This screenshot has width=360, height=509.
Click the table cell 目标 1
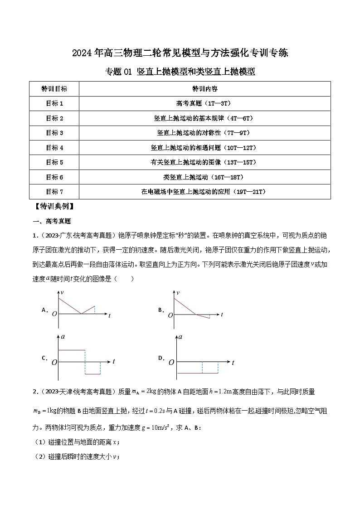54,103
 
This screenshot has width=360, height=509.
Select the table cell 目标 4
54,147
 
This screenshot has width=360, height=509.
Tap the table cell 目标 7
54,192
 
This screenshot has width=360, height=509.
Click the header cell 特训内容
204,88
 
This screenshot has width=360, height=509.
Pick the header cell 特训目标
54,88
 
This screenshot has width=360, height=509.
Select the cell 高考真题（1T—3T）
204,103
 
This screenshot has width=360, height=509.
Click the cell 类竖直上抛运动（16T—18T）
204,177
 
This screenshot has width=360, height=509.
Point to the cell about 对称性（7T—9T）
204,133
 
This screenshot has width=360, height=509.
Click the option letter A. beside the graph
45,310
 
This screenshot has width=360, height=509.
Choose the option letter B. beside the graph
161,310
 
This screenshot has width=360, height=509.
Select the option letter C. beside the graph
45,358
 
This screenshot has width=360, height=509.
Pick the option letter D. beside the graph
161,358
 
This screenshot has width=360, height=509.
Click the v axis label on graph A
63,295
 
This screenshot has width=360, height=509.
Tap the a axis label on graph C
63,337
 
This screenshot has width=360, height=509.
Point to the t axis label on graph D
233,363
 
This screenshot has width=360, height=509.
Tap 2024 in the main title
82,53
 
